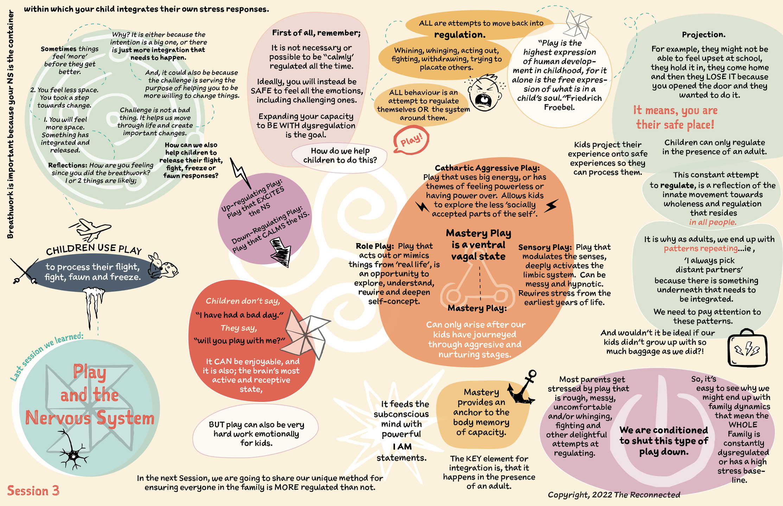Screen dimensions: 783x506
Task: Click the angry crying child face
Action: click(485, 92)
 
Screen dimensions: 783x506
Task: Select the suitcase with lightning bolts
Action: click(747, 348)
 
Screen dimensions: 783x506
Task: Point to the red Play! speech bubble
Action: click(411, 141)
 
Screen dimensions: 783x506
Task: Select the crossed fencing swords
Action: click(24, 271)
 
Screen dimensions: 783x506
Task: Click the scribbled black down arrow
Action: click(281, 251)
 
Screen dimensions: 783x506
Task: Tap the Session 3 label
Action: click(33, 491)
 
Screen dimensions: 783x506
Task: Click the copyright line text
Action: click(614, 495)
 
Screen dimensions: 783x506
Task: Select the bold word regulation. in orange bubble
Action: click(460, 34)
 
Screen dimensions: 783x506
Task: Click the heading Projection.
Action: click(704, 34)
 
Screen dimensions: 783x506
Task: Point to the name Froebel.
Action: click(559, 107)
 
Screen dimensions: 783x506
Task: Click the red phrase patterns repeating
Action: click(701, 248)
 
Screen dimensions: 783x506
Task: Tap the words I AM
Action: click(402, 447)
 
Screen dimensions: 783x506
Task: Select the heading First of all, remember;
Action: click(316, 33)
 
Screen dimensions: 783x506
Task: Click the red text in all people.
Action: click(713, 222)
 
